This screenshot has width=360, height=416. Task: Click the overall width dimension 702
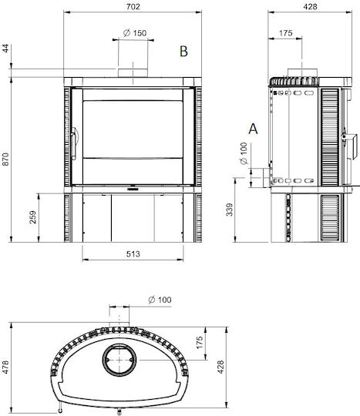tap(133, 6)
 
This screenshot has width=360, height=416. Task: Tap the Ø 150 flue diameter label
tap(135, 33)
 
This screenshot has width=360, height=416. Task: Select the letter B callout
tap(183, 51)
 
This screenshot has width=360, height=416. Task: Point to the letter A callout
tap(253, 129)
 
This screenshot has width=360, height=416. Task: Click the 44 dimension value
tap(6, 49)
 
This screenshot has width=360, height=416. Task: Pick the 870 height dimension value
tap(5, 159)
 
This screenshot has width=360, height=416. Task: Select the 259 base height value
tap(33, 217)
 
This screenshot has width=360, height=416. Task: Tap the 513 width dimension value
tap(133, 254)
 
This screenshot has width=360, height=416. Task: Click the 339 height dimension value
tap(230, 210)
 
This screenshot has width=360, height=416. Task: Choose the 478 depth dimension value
tap(5, 367)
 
